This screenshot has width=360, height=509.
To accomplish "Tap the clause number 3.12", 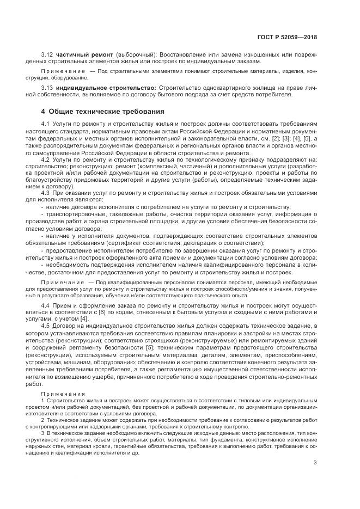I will click(48, 55).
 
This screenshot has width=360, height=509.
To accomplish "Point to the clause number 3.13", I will click(48, 87).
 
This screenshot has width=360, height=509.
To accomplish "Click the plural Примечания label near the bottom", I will click(63, 393).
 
